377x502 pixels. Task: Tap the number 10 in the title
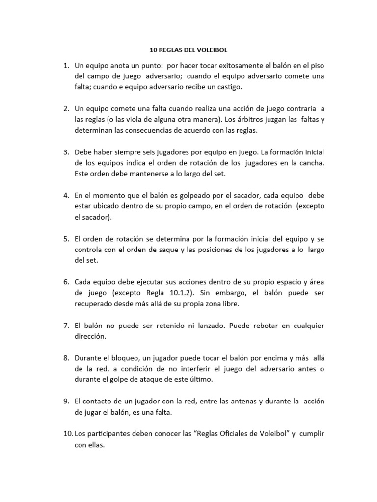point(152,50)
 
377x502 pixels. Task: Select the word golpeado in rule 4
point(179,195)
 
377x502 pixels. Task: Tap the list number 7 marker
point(66,326)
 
